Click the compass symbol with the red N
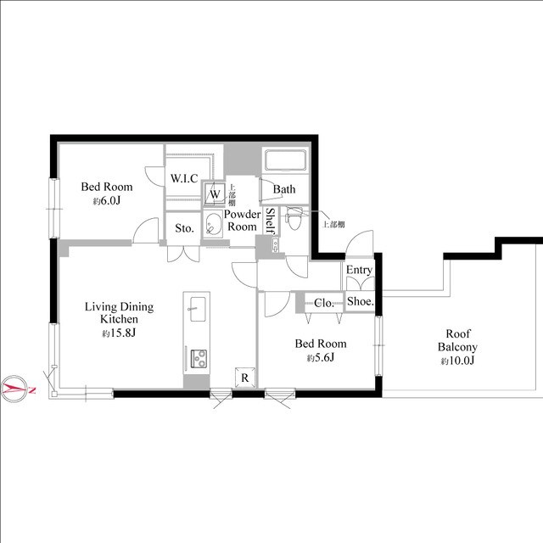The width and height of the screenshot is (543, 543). [x=14, y=389]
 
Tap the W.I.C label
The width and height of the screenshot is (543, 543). [x=184, y=178]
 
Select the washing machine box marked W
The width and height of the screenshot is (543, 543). [x=215, y=194]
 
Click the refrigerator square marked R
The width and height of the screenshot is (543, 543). [x=245, y=378]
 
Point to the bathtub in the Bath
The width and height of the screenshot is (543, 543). [x=285, y=160]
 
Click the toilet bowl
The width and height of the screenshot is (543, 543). [x=294, y=219]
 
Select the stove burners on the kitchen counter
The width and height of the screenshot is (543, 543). [x=199, y=358]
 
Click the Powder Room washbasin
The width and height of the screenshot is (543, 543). [x=213, y=224]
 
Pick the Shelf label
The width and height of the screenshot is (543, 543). [x=271, y=221]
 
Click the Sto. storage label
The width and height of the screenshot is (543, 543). [x=184, y=228]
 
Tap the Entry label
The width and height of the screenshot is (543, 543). [x=359, y=270]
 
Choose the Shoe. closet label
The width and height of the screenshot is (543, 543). [x=361, y=301]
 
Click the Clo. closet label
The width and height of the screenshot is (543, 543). [x=324, y=303]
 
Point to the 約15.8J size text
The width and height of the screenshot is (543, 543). [x=119, y=333]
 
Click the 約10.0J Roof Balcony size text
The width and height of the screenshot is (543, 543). [x=457, y=361]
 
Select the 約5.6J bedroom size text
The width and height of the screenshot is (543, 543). [x=321, y=358]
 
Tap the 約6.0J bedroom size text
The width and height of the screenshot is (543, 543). [x=106, y=201]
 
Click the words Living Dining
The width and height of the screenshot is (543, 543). [x=119, y=307]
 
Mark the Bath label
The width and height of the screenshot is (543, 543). [x=284, y=189]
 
